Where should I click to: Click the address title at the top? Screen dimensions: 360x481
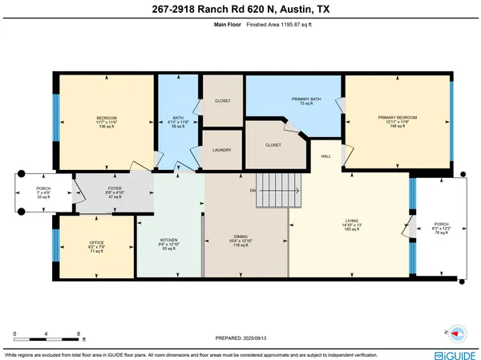240,9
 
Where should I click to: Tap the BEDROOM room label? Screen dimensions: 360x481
107,117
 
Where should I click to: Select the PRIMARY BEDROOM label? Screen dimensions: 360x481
398,117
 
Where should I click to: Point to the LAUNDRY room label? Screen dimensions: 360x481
222,149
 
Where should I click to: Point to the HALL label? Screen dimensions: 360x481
326,156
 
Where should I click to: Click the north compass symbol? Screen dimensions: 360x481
457,332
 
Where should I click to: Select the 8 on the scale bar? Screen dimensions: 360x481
78,332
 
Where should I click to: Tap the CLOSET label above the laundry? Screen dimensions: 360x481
222,102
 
